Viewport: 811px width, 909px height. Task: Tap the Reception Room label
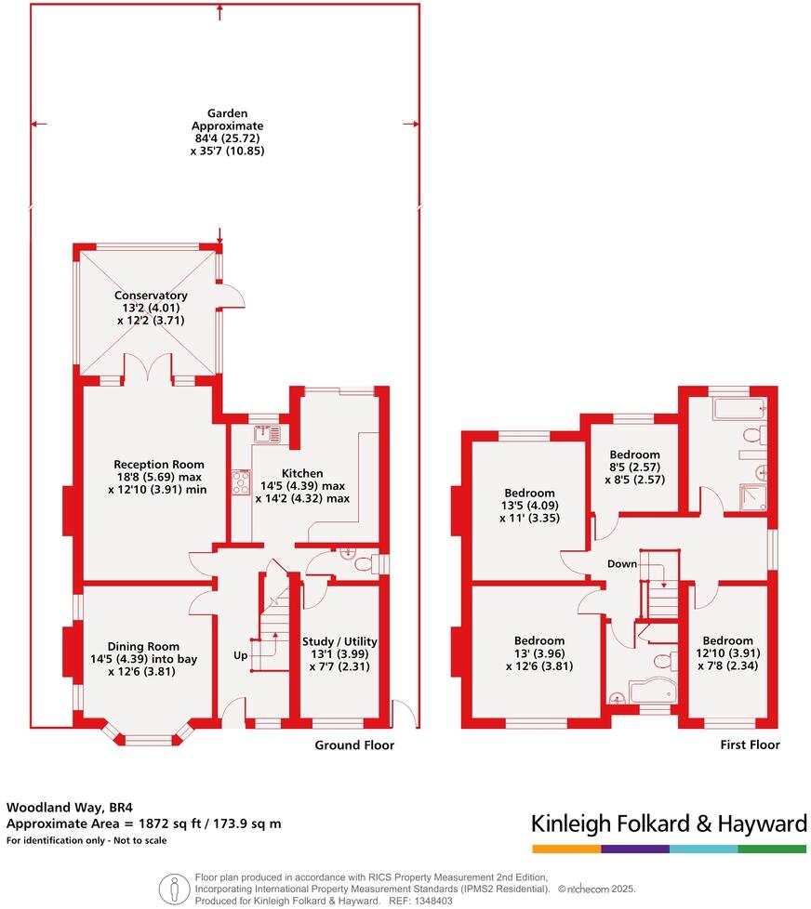pos(158,465)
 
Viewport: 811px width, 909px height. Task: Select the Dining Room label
pos(143,647)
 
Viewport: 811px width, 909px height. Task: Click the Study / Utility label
pos(339,641)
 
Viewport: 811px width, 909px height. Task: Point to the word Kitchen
pos(302,474)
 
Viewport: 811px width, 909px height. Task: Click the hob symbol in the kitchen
pos(242,481)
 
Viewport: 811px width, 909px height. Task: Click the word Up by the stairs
pos(241,655)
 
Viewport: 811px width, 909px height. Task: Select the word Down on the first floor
pos(622,564)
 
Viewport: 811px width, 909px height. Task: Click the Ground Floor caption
pos(354,745)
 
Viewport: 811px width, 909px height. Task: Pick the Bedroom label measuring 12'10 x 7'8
pos(727,640)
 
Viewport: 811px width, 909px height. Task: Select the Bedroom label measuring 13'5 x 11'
pos(529,493)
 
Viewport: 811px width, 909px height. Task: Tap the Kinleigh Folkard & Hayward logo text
pos(668,823)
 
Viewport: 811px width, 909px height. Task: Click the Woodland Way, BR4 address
pos(63,807)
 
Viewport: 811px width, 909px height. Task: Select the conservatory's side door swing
pos(233,296)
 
